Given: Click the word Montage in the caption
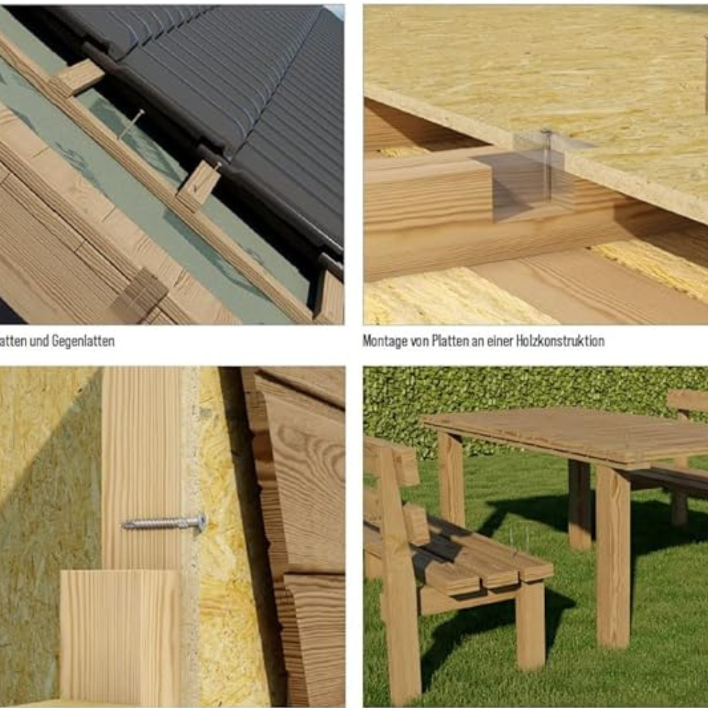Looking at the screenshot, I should click(385, 341).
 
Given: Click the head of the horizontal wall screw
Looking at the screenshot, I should click(201, 523).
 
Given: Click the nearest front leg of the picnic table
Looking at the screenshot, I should click(612, 566).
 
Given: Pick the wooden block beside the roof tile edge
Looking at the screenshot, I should click(200, 184).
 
